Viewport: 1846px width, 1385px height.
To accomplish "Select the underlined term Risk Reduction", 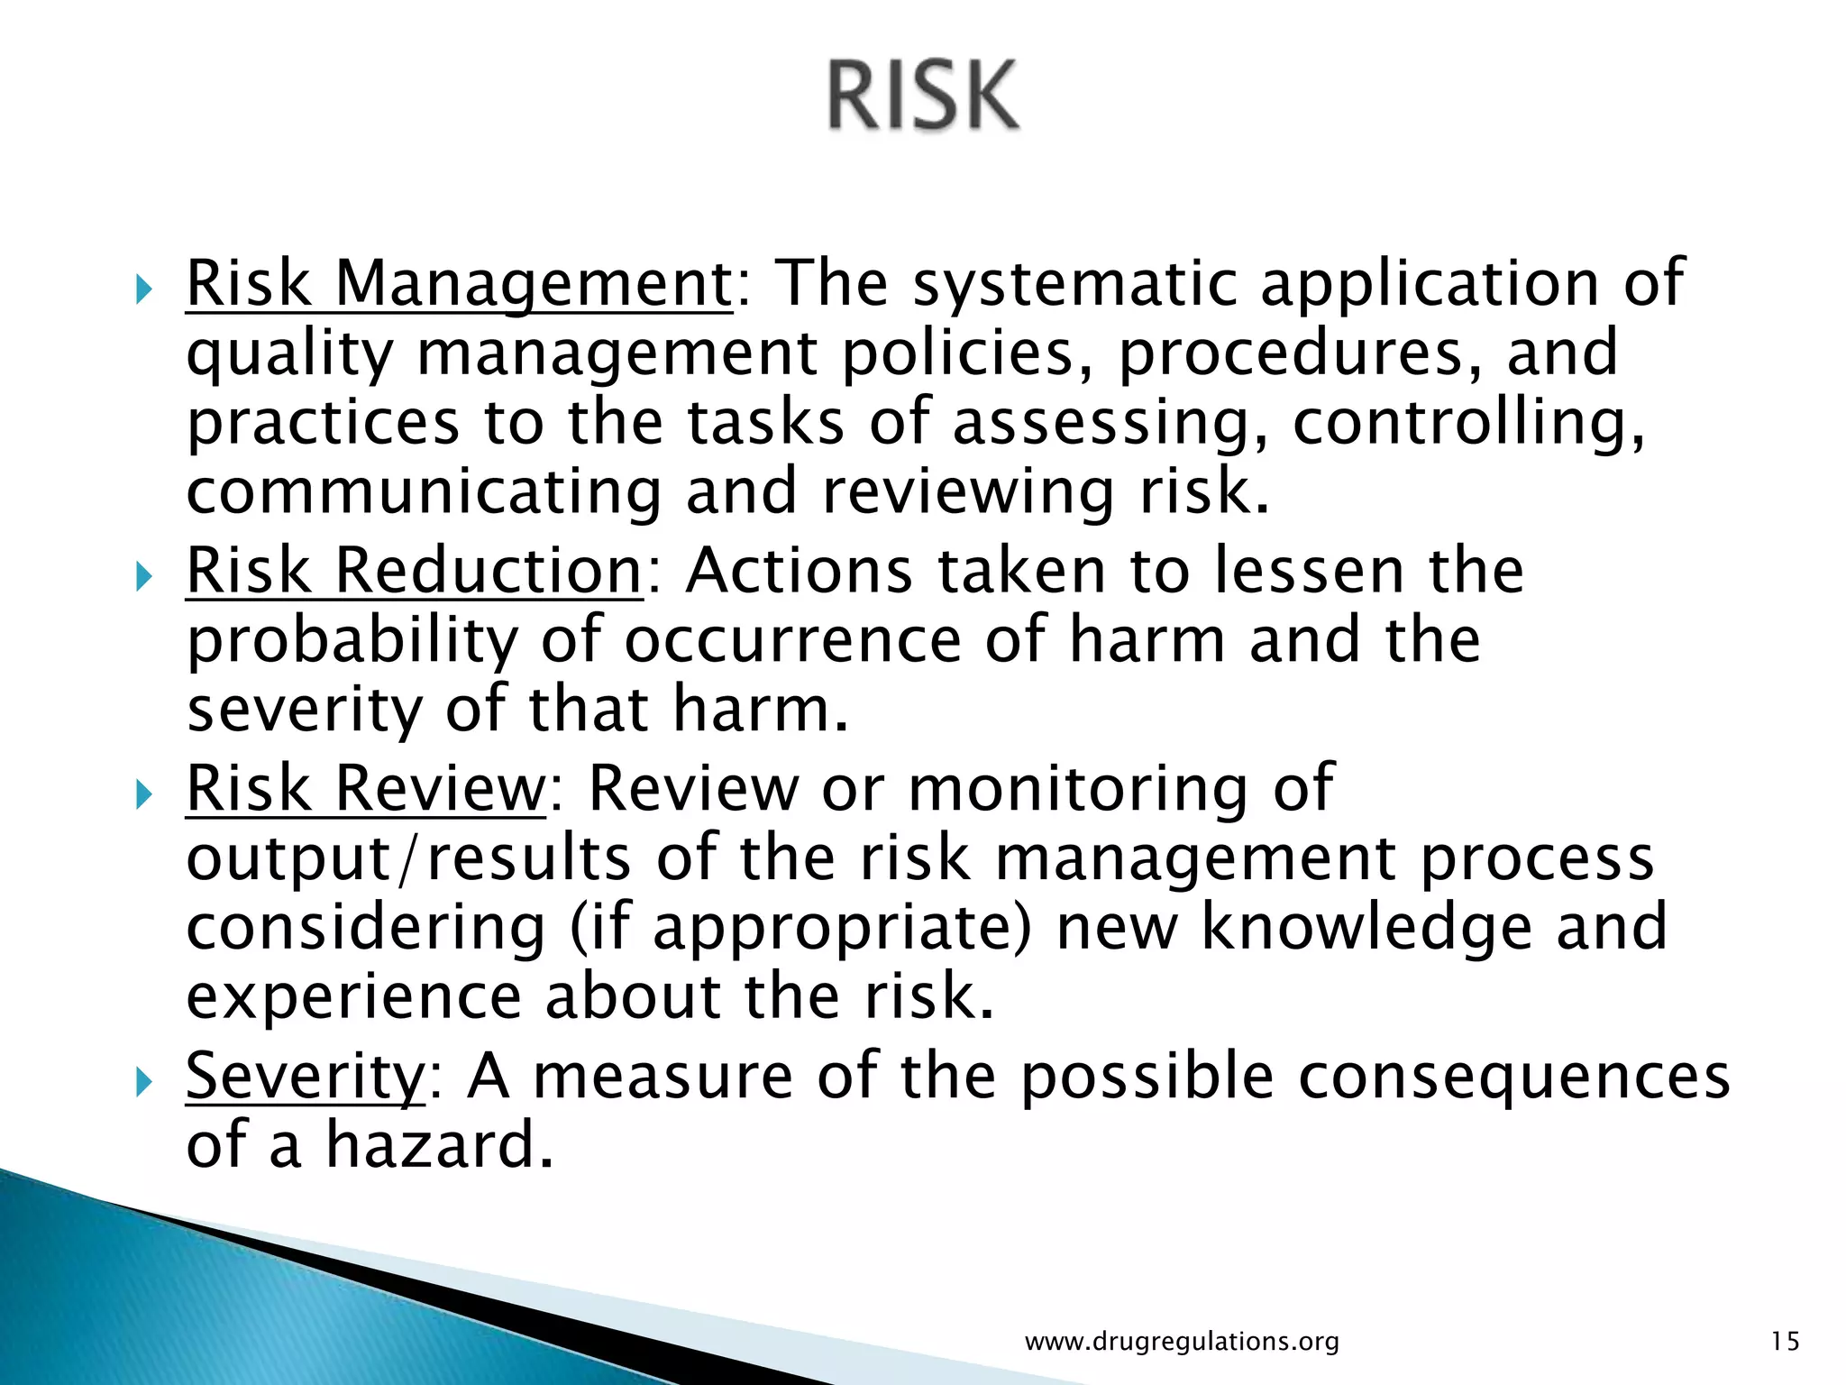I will pos(414,571).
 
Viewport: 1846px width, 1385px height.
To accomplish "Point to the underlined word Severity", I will pos(305,1076).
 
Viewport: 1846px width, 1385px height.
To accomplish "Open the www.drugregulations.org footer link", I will pos(1182,1342).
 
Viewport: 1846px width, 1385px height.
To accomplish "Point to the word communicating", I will pos(424,494).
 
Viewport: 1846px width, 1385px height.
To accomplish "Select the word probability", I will pos(352,642).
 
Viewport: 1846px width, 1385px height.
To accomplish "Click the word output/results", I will pos(408,859).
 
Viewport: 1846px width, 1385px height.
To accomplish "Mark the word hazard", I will pos(437,1145).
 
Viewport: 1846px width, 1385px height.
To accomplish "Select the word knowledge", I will pos(1366,930).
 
